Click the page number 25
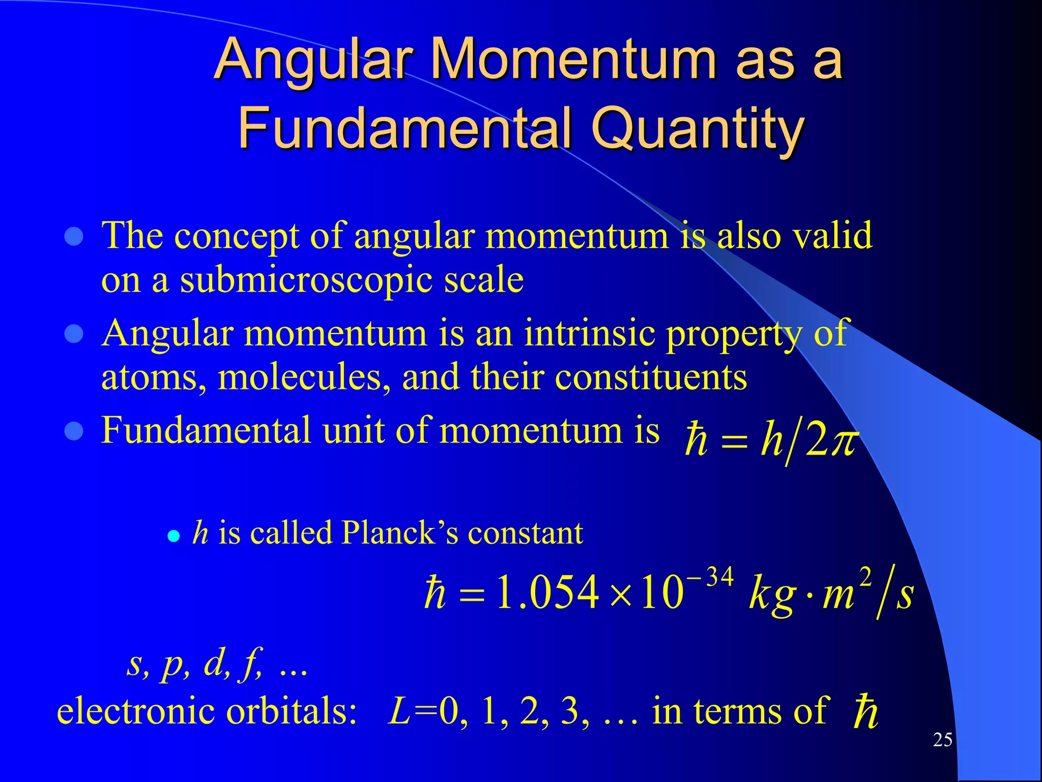[942, 740]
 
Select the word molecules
[304, 378]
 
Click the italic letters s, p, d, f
[196, 664]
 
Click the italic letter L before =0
[399, 711]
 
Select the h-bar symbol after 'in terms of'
[865, 712]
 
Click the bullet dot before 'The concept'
[74, 237]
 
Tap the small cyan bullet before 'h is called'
[174, 536]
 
